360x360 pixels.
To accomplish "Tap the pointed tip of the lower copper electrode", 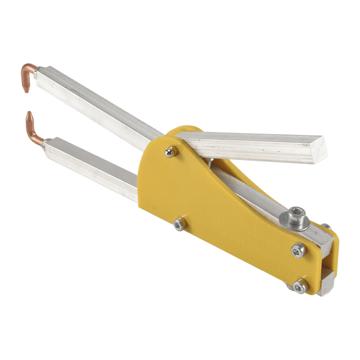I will pyautogui.click(x=29, y=114).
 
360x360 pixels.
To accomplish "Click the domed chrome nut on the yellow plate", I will pyautogui.click(x=170, y=152).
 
